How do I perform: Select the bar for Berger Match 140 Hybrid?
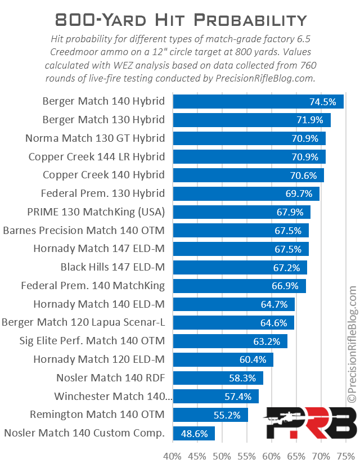point(258,102)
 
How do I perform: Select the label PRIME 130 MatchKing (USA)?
point(96,212)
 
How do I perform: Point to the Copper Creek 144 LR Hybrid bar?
point(249,157)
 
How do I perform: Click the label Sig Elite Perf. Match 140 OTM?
point(83,341)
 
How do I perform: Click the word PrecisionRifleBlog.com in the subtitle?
point(264,79)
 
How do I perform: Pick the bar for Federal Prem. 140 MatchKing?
point(239,286)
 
